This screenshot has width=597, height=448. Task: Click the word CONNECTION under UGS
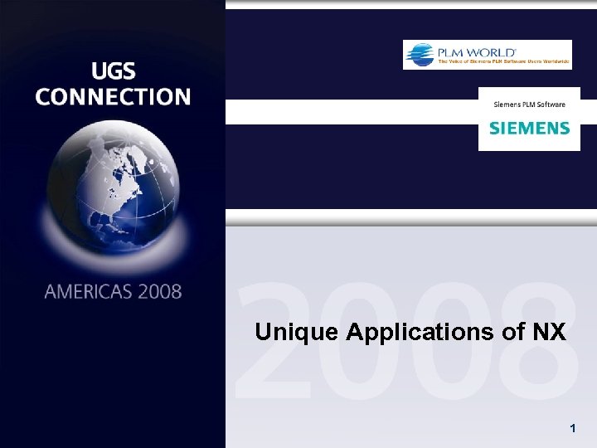tap(113, 96)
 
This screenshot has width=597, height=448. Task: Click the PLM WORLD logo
tap(487, 55)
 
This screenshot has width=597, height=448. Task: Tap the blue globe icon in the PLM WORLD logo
tap(419, 54)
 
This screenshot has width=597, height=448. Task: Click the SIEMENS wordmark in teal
tap(529, 129)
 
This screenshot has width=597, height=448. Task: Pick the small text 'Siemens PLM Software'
tap(529, 105)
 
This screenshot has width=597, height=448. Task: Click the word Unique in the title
tap(297, 334)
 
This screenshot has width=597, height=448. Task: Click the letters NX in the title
tap(549, 333)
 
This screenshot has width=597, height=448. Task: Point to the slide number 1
tap(572, 428)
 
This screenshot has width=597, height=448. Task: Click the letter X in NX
tap(558, 333)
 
